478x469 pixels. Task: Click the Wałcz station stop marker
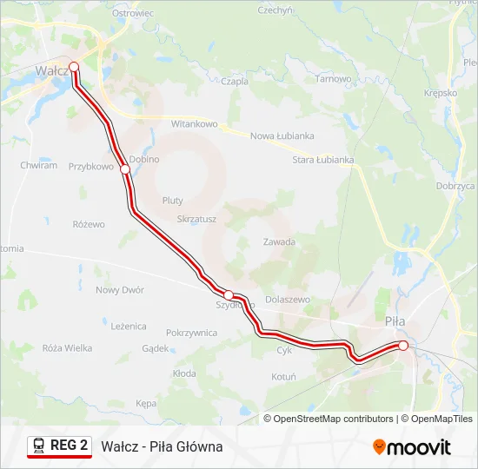tap(74, 66)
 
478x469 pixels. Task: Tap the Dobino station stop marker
tap(125, 169)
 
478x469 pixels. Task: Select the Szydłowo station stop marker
tap(229, 295)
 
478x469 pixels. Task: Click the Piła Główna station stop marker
tap(403, 346)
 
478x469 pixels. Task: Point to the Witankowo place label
tap(194, 124)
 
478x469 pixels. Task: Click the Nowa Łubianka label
tap(282, 136)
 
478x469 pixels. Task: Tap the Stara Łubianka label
tap(323, 160)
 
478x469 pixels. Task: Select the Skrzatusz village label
tap(196, 220)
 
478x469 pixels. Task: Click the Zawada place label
tap(279, 242)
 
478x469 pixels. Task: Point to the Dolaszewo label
tap(287, 299)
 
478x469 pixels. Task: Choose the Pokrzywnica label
tap(191, 332)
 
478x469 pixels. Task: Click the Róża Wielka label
tap(67, 348)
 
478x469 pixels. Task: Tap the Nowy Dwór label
tap(120, 290)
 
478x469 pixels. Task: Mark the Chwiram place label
tap(38, 165)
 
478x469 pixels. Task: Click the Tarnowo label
tap(334, 79)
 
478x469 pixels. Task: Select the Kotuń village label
tap(283, 377)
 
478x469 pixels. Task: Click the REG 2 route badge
tap(60, 446)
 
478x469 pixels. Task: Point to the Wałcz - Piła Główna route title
tap(162, 446)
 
